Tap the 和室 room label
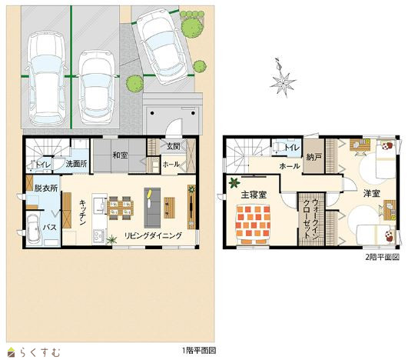click(120, 155)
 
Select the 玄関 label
click(174, 146)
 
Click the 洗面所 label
click(76, 164)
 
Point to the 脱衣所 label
click(46, 188)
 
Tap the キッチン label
click(83, 212)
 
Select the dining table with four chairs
click(121, 208)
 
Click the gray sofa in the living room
click(152, 208)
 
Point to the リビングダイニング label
click(153, 235)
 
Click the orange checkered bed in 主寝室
click(253, 225)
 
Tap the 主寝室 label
click(254, 195)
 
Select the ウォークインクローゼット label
click(311, 218)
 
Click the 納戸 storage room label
click(314, 157)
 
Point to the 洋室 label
click(372, 193)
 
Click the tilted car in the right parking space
click(162, 46)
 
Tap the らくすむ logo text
click(40, 352)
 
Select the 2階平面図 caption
click(382, 257)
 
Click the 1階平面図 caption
click(199, 350)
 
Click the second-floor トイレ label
click(292, 148)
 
